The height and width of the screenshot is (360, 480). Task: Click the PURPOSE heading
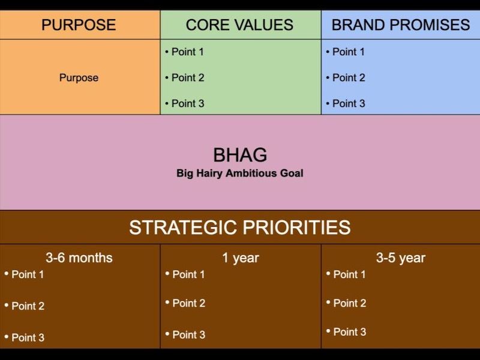(x=79, y=25)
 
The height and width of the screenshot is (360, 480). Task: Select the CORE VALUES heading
(x=239, y=25)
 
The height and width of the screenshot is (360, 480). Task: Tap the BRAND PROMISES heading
(x=401, y=25)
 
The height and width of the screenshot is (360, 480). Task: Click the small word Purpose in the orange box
(x=79, y=77)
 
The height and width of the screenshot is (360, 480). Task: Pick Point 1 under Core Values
(x=188, y=52)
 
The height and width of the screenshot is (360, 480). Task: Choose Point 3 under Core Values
(x=188, y=103)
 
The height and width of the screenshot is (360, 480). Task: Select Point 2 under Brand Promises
(x=349, y=77)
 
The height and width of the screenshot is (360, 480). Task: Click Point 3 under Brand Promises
(x=349, y=103)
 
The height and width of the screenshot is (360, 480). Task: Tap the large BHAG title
(x=240, y=155)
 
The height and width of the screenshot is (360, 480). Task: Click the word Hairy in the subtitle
(x=209, y=173)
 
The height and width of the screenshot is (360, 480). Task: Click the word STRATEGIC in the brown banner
(x=183, y=227)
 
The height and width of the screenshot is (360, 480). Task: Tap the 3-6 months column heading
(x=79, y=258)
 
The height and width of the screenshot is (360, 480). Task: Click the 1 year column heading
(x=241, y=258)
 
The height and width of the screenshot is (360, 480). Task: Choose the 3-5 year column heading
(x=401, y=258)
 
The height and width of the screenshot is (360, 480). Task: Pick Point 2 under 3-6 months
(x=28, y=306)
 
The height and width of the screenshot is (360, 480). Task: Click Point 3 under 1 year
(x=188, y=335)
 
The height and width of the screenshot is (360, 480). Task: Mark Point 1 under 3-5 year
(x=349, y=274)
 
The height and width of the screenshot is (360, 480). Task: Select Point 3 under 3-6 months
(x=28, y=337)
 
